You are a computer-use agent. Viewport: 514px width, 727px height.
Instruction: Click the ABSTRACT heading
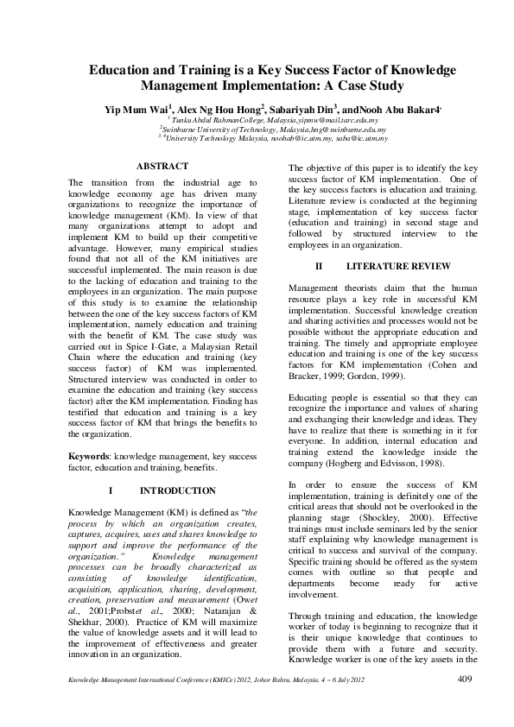click(162, 165)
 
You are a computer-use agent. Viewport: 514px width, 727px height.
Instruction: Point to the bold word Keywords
click(89, 454)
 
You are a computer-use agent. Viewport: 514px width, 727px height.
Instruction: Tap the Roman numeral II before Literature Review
click(320, 266)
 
